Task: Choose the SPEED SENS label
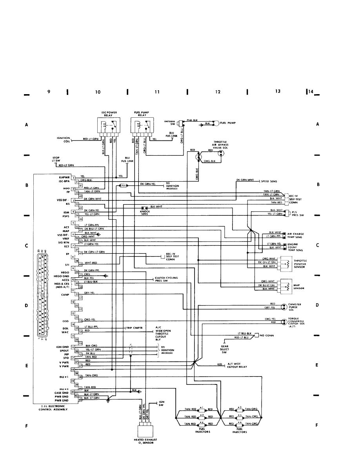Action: tap(270, 182)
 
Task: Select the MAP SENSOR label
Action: tap(299, 287)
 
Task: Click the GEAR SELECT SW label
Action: tap(225, 349)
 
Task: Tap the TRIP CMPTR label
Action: tap(134, 328)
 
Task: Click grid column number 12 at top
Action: tap(218, 92)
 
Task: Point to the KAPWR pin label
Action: tap(64, 177)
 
